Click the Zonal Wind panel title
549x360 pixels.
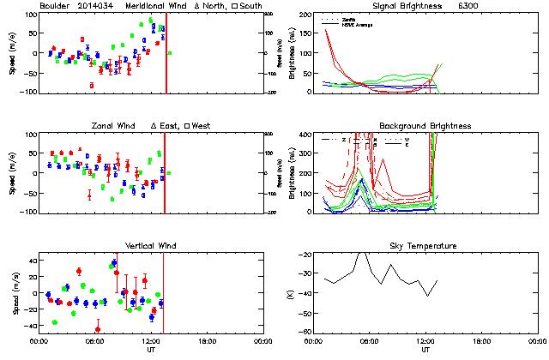tap(114, 126)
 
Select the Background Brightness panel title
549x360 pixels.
tap(425, 126)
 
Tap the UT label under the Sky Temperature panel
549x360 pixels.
tap(425, 349)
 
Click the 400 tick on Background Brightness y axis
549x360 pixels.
tap(305, 135)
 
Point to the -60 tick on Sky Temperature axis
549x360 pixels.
tap(304, 332)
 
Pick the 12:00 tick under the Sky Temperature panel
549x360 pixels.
tap(425, 340)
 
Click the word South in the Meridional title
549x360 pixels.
tap(252, 6)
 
